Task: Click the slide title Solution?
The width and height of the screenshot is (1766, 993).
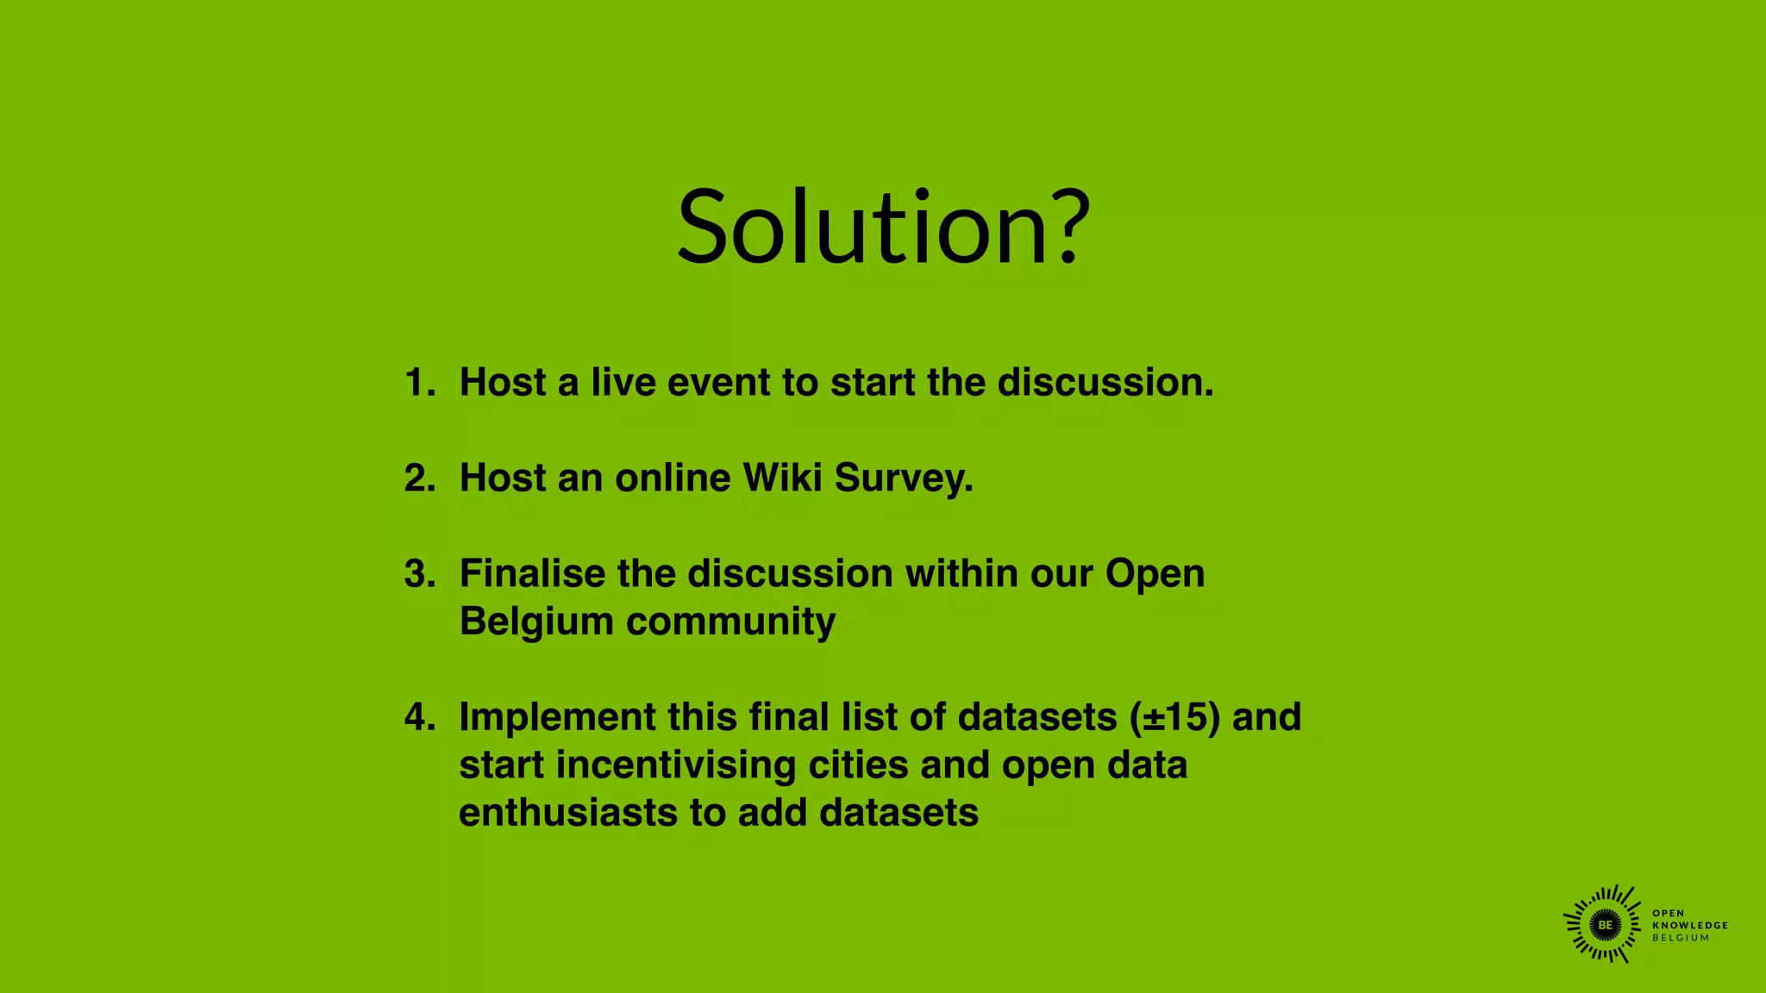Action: click(x=883, y=228)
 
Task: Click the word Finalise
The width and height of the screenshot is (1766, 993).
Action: click(x=532, y=573)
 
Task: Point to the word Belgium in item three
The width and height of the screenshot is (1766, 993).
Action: click(x=535, y=621)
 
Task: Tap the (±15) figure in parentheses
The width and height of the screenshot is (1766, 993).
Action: click(x=1174, y=717)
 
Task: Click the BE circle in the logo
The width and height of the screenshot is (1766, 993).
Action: click(x=1605, y=925)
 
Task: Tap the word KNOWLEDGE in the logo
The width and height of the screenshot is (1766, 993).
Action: click(x=1690, y=925)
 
